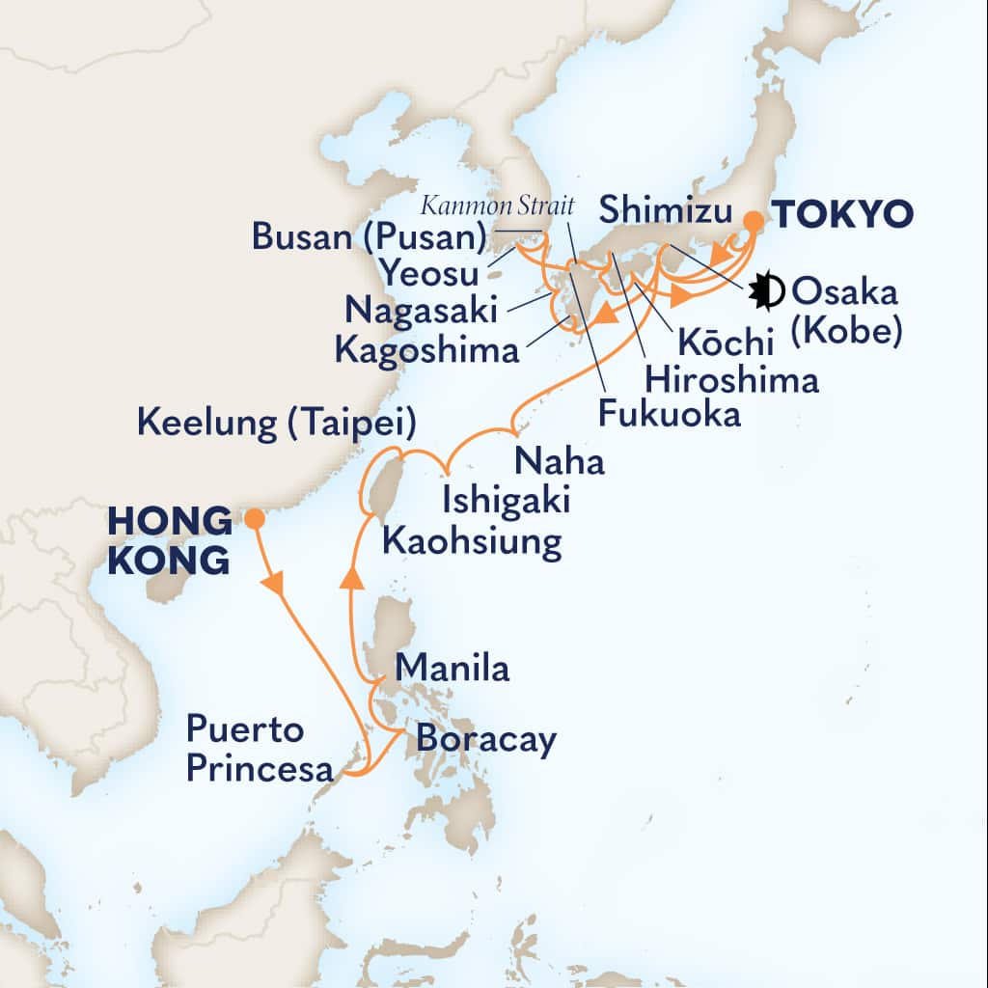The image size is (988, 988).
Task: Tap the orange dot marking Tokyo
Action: tap(753, 221)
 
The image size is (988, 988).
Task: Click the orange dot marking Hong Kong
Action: tap(254, 519)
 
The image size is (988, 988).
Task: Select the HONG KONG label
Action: tap(170, 540)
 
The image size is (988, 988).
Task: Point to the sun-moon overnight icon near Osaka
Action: tap(768, 289)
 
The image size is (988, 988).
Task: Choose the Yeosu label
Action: tap(429, 275)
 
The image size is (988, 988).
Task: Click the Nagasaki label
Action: tap(423, 312)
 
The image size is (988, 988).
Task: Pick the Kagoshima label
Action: tap(426, 349)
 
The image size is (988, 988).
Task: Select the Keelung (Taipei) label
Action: tap(277, 422)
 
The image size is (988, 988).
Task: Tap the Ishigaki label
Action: tap(507, 502)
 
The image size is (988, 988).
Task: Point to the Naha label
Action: tap(560, 462)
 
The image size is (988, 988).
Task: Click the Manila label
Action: tap(453, 668)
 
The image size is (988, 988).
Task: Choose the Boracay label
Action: tap(487, 740)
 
